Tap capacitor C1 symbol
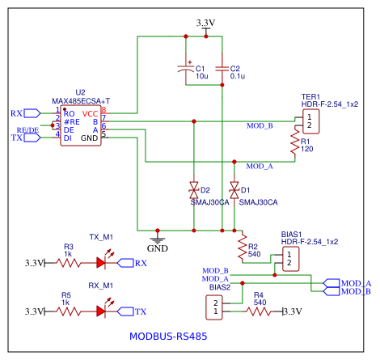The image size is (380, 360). pyautogui.click(x=188, y=72)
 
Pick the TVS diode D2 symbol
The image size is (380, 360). pyautogui.click(x=194, y=191)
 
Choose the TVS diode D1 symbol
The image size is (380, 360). pyautogui.click(x=234, y=190)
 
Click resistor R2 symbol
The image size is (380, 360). pyautogui.click(x=242, y=243)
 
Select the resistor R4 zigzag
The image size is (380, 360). pyautogui.click(x=259, y=311)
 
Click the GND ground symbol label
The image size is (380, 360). pyautogui.click(x=158, y=248)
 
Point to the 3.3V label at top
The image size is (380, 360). pyautogui.click(x=207, y=21)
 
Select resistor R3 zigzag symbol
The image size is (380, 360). pyautogui.click(x=69, y=262)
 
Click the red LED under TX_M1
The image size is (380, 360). pyautogui.click(x=103, y=262)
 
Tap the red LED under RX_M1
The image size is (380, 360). pyautogui.click(x=103, y=311)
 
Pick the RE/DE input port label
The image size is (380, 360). pyautogui.click(x=27, y=130)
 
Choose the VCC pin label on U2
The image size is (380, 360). pyautogui.click(x=90, y=113)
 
